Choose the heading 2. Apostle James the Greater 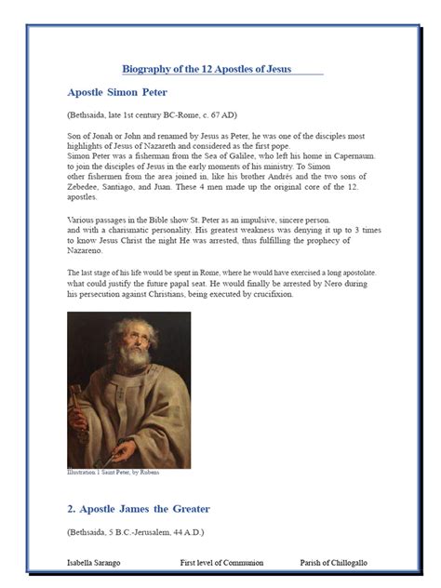coord(139,509)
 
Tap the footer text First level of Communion coord(221,563)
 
